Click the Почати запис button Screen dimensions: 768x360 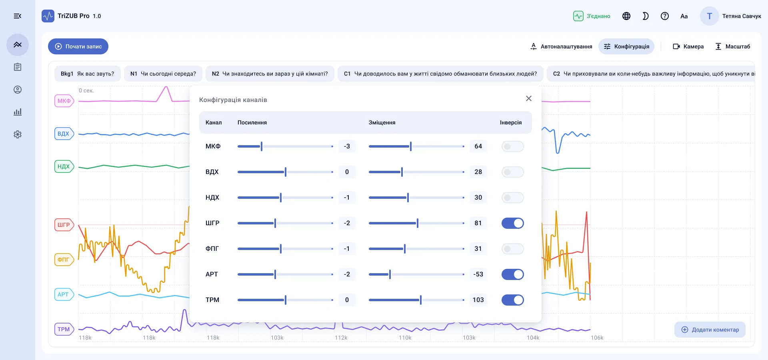[78, 46]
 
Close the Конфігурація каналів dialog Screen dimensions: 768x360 [529, 98]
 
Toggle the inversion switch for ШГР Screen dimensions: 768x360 [513, 223]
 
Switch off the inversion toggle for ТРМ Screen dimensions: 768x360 [513, 300]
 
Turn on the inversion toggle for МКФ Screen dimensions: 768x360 [513, 146]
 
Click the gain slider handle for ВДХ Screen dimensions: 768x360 [286, 172]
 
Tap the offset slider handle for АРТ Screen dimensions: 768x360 [390, 274]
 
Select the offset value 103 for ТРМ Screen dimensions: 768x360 [478, 300]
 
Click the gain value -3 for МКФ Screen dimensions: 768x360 [347, 146]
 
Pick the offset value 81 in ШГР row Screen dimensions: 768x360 [478, 223]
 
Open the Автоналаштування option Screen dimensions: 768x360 [561, 46]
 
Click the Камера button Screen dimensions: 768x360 [688, 46]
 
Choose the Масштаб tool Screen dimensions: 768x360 [732, 46]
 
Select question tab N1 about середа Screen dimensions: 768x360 [163, 74]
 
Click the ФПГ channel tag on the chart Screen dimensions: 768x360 [64, 260]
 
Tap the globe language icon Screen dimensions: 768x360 [626, 16]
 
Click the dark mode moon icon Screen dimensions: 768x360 [646, 16]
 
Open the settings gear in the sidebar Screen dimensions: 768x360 [18, 134]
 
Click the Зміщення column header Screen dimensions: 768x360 [382, 122]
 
